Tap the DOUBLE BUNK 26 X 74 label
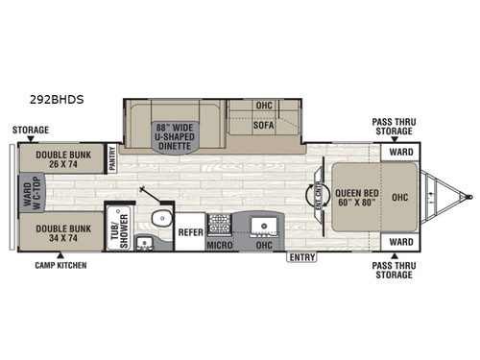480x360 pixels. click(59, 157)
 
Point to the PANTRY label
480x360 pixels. click(112, 157)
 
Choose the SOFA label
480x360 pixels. click(265, 125)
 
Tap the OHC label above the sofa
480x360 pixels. click(265, 106)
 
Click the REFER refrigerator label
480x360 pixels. click(189, 230)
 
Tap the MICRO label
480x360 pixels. click(220, 246)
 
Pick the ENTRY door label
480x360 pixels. click(300, 256)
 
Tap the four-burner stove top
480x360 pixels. click(219, 225)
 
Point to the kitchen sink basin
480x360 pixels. click(260, 226)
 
